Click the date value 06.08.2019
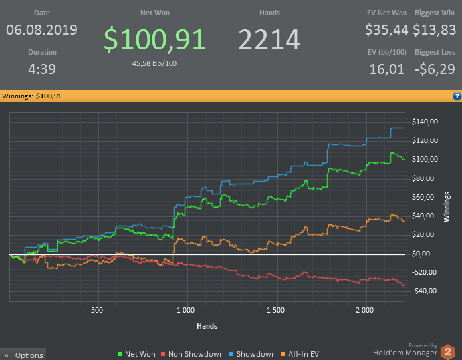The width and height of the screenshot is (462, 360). click(41, 30)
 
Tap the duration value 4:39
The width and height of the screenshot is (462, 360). click(42, 69)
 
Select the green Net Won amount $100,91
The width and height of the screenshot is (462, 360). click(154, 39)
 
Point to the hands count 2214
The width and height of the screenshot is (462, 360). click(269, 39)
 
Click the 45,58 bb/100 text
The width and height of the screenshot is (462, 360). click(154, 63)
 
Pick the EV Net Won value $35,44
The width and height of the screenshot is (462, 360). click(387, 30)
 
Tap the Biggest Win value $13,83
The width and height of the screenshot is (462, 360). click(435, 30)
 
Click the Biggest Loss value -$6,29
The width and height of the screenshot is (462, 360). click(435, 69)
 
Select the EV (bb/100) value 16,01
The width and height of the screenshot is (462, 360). click(387, 69)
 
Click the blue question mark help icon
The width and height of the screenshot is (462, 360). click(457, 96)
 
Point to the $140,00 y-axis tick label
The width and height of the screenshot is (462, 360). click(425, 122)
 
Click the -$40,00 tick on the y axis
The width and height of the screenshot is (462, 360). click(424, 291)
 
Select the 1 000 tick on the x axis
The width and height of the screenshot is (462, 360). click(185, 310)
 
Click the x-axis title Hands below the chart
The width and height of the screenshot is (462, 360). click(207, 326)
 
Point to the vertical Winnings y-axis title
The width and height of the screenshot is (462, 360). click(447, 207)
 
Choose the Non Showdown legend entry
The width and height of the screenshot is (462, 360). click(192, 354)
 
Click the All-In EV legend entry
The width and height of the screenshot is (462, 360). click(300, 354)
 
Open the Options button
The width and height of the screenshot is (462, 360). click(23, 355)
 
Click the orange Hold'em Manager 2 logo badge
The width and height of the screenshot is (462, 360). click(447, 352)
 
